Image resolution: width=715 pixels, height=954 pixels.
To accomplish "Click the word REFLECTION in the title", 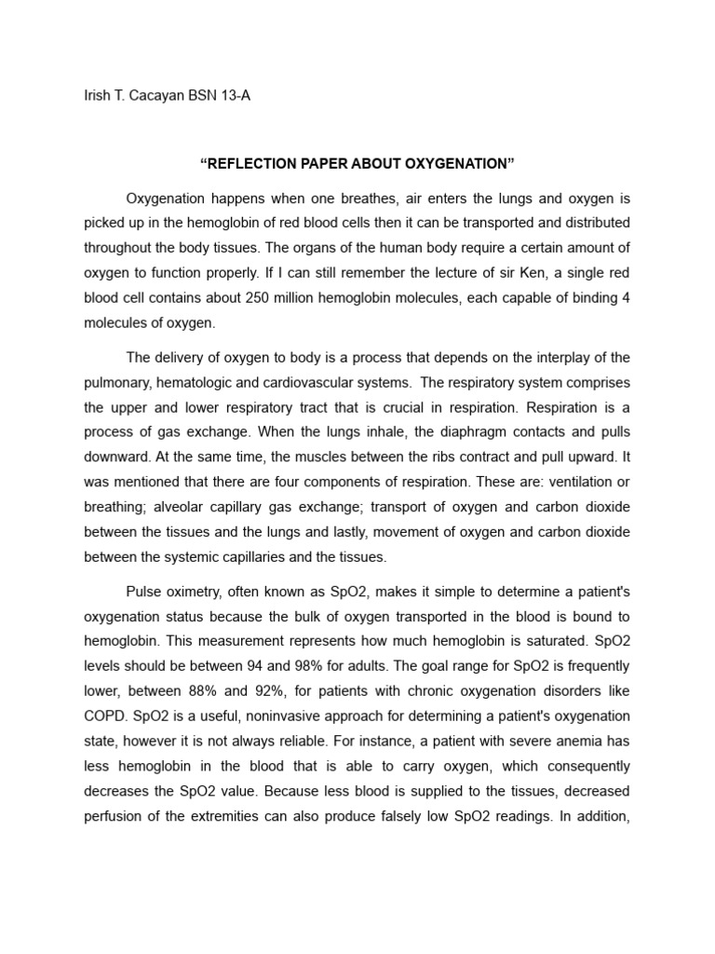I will (256, 164).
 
